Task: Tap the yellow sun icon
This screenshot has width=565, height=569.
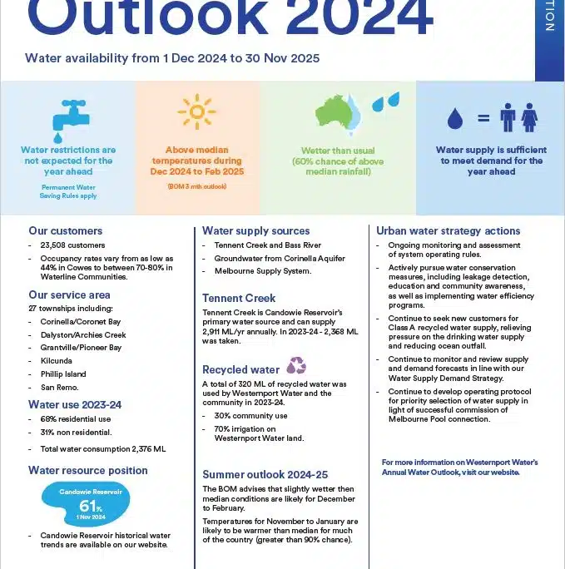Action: pos(197,113)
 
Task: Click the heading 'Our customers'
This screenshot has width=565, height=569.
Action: pos(66,230)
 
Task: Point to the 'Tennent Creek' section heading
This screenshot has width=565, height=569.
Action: pos(239,298)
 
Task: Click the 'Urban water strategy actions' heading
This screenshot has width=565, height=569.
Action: pos(448,230)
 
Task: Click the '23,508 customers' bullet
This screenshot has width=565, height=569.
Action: pos(72,245)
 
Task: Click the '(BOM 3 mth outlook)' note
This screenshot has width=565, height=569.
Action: pos(196,186)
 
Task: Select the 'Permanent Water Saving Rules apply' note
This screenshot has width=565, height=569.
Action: pos(68,191)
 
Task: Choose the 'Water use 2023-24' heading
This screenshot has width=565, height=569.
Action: pos(75,404)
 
